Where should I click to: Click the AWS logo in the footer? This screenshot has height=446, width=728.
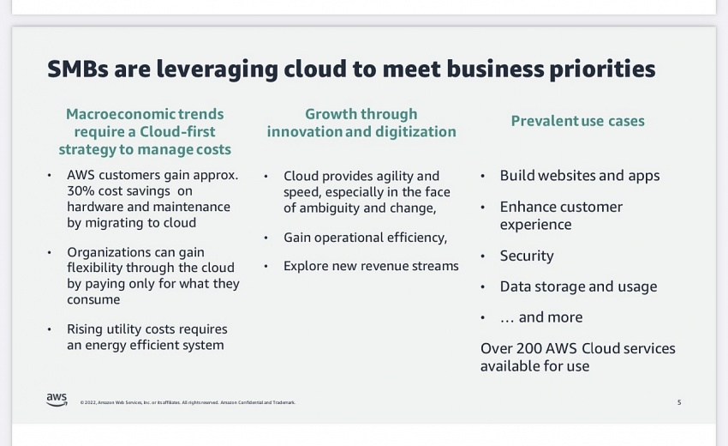click(57, 400)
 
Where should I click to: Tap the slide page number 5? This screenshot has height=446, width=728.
click(679, 402)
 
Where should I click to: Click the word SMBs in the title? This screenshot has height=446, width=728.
click(78, 69)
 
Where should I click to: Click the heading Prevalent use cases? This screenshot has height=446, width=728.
click(577, 121)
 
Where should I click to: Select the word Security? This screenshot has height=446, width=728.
click(527, 256)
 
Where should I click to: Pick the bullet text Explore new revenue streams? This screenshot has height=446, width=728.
click(371, 266)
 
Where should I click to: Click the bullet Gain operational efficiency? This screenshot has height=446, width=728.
click(365, 238)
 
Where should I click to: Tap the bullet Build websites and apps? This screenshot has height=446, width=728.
click(580, 176)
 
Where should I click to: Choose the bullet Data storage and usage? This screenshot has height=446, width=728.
click(578, 286)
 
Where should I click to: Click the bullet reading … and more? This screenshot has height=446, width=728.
click(541, 317)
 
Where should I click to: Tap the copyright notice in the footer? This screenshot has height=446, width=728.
click(188, 403)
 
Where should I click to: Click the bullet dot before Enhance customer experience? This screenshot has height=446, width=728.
click(483, 208)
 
